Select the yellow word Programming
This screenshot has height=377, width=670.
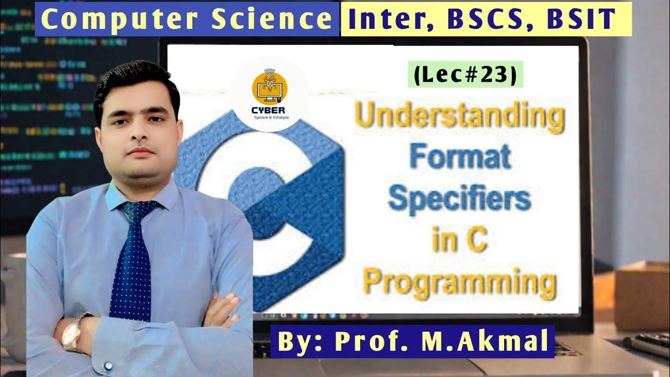click(459, 283)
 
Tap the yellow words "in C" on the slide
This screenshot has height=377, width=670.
click(459, 242)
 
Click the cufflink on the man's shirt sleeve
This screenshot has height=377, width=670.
click(108, 366)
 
